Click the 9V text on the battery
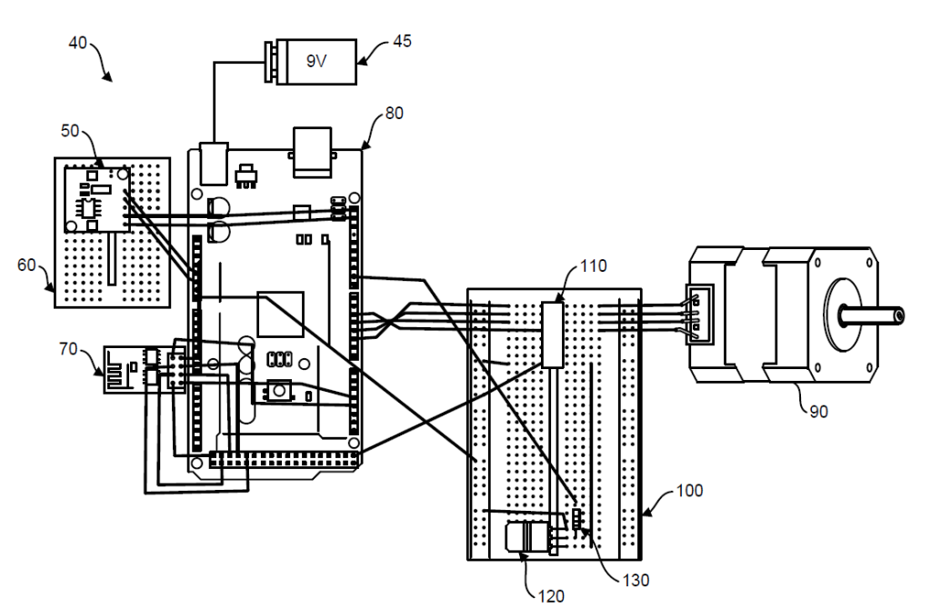(x=315, y=61)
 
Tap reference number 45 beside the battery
(x=402, y=41)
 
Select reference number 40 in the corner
(x=78, y=43)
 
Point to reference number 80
(x=395, y=113)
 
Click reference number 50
(x=70, y=131)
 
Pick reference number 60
(x=26, y=265)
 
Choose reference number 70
(x=68, y=348)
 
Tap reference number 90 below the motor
(x=818, y=412)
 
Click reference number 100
(x=689, y=490)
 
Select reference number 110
(x=593, y=265)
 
